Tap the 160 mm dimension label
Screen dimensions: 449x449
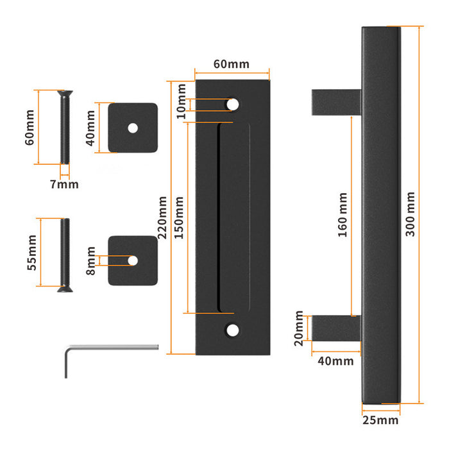pyautogui.click(x=342, y=215)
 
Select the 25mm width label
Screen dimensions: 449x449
pyautogui.click(x=381, y=421)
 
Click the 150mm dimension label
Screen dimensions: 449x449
pyautogui.click(x=180, y=217)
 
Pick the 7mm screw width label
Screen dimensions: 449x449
pyautogui.click(x=64, y=185)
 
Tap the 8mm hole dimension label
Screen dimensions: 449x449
pyautogui.click(x=91, y=261)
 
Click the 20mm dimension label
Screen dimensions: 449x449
pyautogui.click(x=299, y=328)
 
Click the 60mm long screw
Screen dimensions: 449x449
pyautogui.click(x=64, y=128)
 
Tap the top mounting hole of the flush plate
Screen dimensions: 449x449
pyautogui.click(x=232, y=103)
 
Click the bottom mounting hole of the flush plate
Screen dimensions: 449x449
pyautogui.click(x=232, y=330)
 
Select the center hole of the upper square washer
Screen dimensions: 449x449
pyautogui.click(x=133, y=128)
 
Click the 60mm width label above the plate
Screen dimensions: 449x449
pyautogui.click(x=231, y=65)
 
